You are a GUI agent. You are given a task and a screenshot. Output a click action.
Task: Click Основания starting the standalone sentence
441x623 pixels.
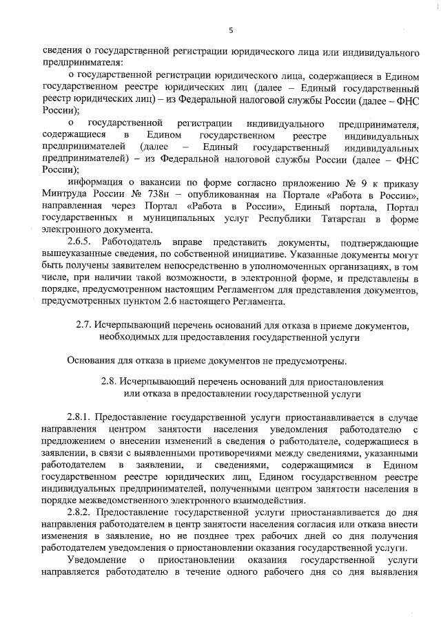(x=92, y=360)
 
